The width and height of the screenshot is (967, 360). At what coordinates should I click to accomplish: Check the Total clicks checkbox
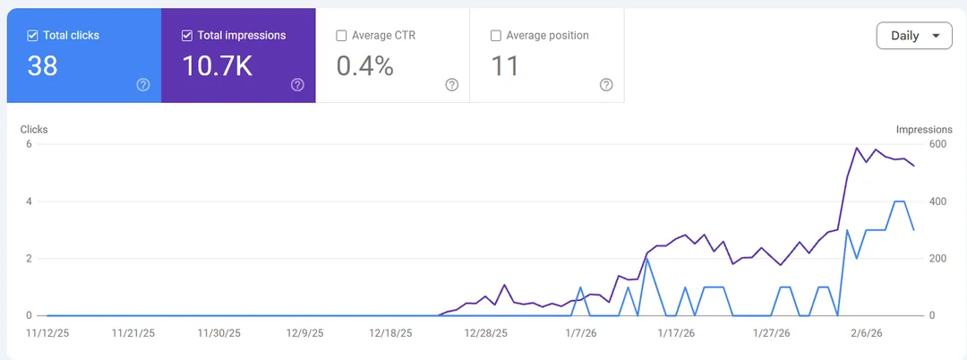click(x=33, y=36)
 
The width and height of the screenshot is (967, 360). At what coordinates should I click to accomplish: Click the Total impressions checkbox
click(x=187, y=36)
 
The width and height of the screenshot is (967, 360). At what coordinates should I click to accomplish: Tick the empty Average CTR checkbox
click(x=341, y=36)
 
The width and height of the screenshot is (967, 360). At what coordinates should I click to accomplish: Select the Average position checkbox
click(x=495, y=36)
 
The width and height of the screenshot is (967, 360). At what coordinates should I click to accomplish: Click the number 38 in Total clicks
click(x=42, y=65)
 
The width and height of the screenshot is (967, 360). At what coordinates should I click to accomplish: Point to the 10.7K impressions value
click(x=217, y=65)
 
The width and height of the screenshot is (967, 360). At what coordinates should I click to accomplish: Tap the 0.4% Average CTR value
click(x=364, y=65)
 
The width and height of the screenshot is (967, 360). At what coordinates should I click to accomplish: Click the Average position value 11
click(x=505, y=65)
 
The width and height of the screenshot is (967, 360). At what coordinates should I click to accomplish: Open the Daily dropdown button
click(x=913, y=36)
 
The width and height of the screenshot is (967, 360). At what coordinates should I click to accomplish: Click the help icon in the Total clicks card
click(x=143, y=85)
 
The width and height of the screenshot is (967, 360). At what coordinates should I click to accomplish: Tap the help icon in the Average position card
click(x=606, y=85)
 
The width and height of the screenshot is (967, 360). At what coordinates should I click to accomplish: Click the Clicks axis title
click(x=34, y=129)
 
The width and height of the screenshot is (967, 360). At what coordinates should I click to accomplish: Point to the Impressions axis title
click(x=924, y=129)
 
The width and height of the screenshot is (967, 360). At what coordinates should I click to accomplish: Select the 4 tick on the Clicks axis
click(x=29, y=201)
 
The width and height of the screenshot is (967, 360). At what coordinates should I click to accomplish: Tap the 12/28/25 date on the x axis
click(x=486, y=333)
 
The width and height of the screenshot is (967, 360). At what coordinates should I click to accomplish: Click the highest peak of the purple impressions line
click(x=857, y=148)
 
